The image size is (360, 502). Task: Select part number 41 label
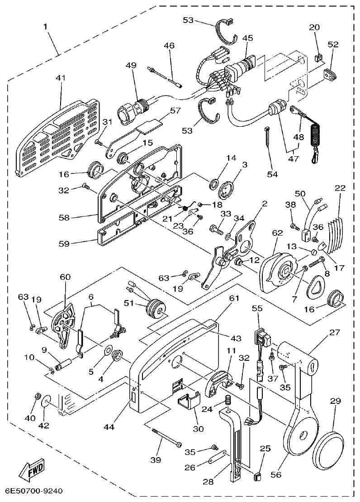pyautogui.click(x=60, y=78)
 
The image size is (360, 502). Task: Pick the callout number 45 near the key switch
pyautogui.click(x=247, y=38)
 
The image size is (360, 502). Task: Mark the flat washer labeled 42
pyautogui.click(x=47, y=402)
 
